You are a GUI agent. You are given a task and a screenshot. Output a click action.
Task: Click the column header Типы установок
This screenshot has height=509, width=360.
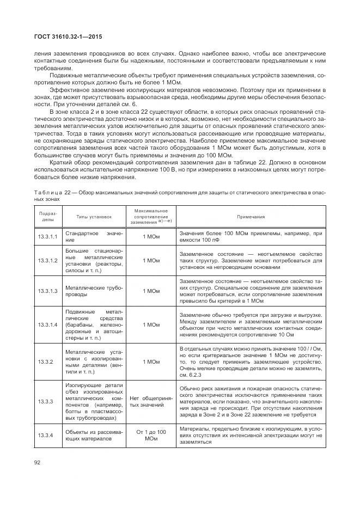[x=94, y=216]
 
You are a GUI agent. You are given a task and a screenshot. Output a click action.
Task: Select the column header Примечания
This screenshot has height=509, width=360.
[x=251, y=216]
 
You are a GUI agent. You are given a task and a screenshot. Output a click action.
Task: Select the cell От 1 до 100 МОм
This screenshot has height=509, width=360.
[x=150, y=436]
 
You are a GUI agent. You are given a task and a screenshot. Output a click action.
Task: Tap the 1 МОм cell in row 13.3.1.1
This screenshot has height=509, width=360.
[x=150, y=237]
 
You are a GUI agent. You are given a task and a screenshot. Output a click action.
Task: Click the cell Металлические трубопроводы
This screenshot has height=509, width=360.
[x=94, y=291]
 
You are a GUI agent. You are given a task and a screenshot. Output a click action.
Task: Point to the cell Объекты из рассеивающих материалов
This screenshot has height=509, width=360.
[x=94, y=436]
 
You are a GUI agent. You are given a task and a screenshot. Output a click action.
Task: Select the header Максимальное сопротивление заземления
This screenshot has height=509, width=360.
[x=150, y=216]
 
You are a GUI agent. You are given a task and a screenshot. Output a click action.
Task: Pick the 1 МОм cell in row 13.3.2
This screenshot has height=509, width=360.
[x=150, y=361]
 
